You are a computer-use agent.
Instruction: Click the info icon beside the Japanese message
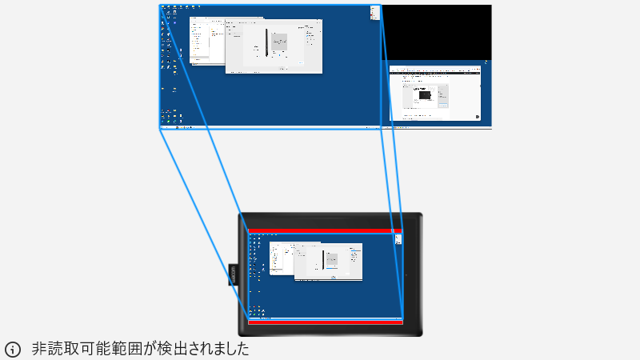coord(13,350)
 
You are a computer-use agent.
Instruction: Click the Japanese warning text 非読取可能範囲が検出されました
coord(141,350)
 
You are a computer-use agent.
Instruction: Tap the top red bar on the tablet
coord(324,230)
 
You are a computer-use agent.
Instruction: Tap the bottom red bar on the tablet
coord(324,322)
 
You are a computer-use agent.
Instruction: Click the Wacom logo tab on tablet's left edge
coord(233,274)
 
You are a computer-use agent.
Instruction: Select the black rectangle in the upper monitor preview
coord(437,32)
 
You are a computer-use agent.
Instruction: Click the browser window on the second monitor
coord(436,93)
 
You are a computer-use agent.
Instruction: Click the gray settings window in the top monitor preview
coord(274,48)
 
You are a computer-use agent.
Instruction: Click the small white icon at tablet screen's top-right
coord(397,238)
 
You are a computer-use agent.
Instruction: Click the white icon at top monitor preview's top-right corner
coord(374,11)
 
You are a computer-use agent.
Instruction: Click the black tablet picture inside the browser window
coord(424,95)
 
